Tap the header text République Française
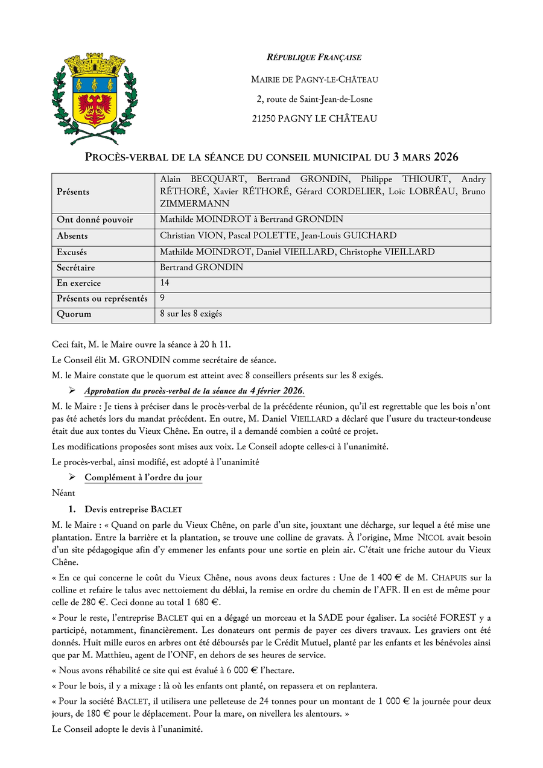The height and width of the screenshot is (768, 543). coord(314,57)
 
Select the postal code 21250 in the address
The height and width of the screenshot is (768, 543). coord(264,119)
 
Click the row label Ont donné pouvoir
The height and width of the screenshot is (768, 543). coord(95,220)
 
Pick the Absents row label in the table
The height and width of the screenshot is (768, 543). coord(72,236)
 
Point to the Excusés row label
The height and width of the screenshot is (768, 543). coord(72,252)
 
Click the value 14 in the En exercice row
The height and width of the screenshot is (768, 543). coord(165,282)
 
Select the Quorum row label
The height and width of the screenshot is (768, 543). coord(74,314)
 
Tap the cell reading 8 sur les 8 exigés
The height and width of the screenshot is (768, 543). coord(192,314)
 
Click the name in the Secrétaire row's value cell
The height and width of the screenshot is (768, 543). coord(202,267)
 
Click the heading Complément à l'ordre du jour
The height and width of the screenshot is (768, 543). coord(143,478)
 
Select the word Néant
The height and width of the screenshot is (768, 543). coord(63,493)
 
